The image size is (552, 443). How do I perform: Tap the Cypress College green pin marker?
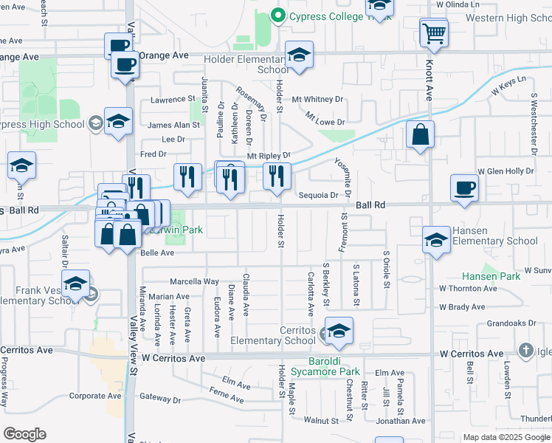pos(278,14)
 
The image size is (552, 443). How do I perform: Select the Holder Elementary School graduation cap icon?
pos(299,55)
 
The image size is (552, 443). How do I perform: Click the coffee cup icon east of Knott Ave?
pos(466,188)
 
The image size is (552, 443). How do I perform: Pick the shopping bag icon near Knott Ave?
pos(420,135)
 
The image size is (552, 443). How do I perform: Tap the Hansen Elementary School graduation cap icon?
pos(436,240)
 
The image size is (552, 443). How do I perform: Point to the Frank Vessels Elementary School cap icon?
pos(75,284)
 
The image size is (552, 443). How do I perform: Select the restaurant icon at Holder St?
pos(277,176)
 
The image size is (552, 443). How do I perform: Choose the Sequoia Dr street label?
pos(319,196)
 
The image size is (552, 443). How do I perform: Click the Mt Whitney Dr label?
pos(317,99)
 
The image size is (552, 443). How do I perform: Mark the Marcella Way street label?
pos(195,281)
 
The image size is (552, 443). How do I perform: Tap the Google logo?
pos(24,433)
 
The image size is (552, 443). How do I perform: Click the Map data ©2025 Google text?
pos(506,437)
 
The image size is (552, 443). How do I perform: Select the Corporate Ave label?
pos(95,396)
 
